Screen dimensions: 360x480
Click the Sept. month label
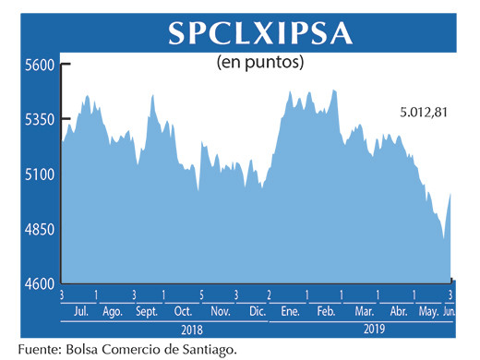147,311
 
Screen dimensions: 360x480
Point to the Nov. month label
220,311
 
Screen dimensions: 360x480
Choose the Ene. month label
291,311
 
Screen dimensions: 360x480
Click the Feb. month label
325,311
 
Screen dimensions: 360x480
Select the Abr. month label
399,311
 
